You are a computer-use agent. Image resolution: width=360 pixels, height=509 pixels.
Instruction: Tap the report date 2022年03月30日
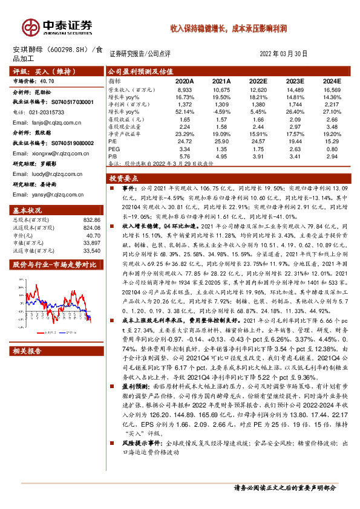click(283, 53)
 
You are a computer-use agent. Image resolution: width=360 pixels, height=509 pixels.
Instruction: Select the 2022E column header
click(258, 80)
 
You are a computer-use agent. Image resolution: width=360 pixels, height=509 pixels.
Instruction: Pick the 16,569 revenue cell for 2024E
click(333, 89)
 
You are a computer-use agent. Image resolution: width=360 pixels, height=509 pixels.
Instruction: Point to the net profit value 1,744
click(296, 105)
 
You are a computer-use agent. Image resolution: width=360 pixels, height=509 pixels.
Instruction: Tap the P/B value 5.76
click(185, 155)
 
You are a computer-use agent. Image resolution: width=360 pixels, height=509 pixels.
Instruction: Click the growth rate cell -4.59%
click(222, 112)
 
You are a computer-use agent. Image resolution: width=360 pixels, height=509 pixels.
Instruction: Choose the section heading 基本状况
click(27, 210)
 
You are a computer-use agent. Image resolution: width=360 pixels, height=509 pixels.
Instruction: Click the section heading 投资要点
click(124, 179)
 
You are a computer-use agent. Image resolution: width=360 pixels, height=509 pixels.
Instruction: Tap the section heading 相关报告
click(27, 351)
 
